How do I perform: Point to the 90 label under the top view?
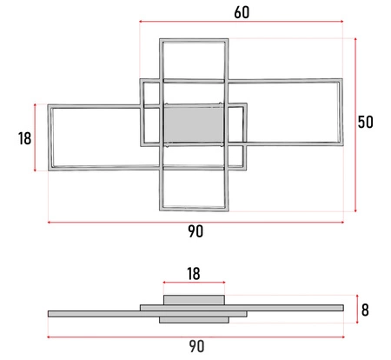point(195,232)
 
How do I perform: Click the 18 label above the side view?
point(194,273)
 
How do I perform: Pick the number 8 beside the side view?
point(367,308)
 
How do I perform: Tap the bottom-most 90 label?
point(195,347)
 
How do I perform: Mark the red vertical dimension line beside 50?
point(356,124)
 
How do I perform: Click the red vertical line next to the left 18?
point(35,137)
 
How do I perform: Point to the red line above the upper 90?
point(195,223)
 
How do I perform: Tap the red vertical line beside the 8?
point(355,308)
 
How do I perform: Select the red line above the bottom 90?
point(195,337)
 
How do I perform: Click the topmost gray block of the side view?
point(194,299)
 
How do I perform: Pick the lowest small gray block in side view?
point(194,320)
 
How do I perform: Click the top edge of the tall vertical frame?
point(195,40)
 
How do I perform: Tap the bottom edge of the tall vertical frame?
point(195,207)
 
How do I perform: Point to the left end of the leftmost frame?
point(50,137)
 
